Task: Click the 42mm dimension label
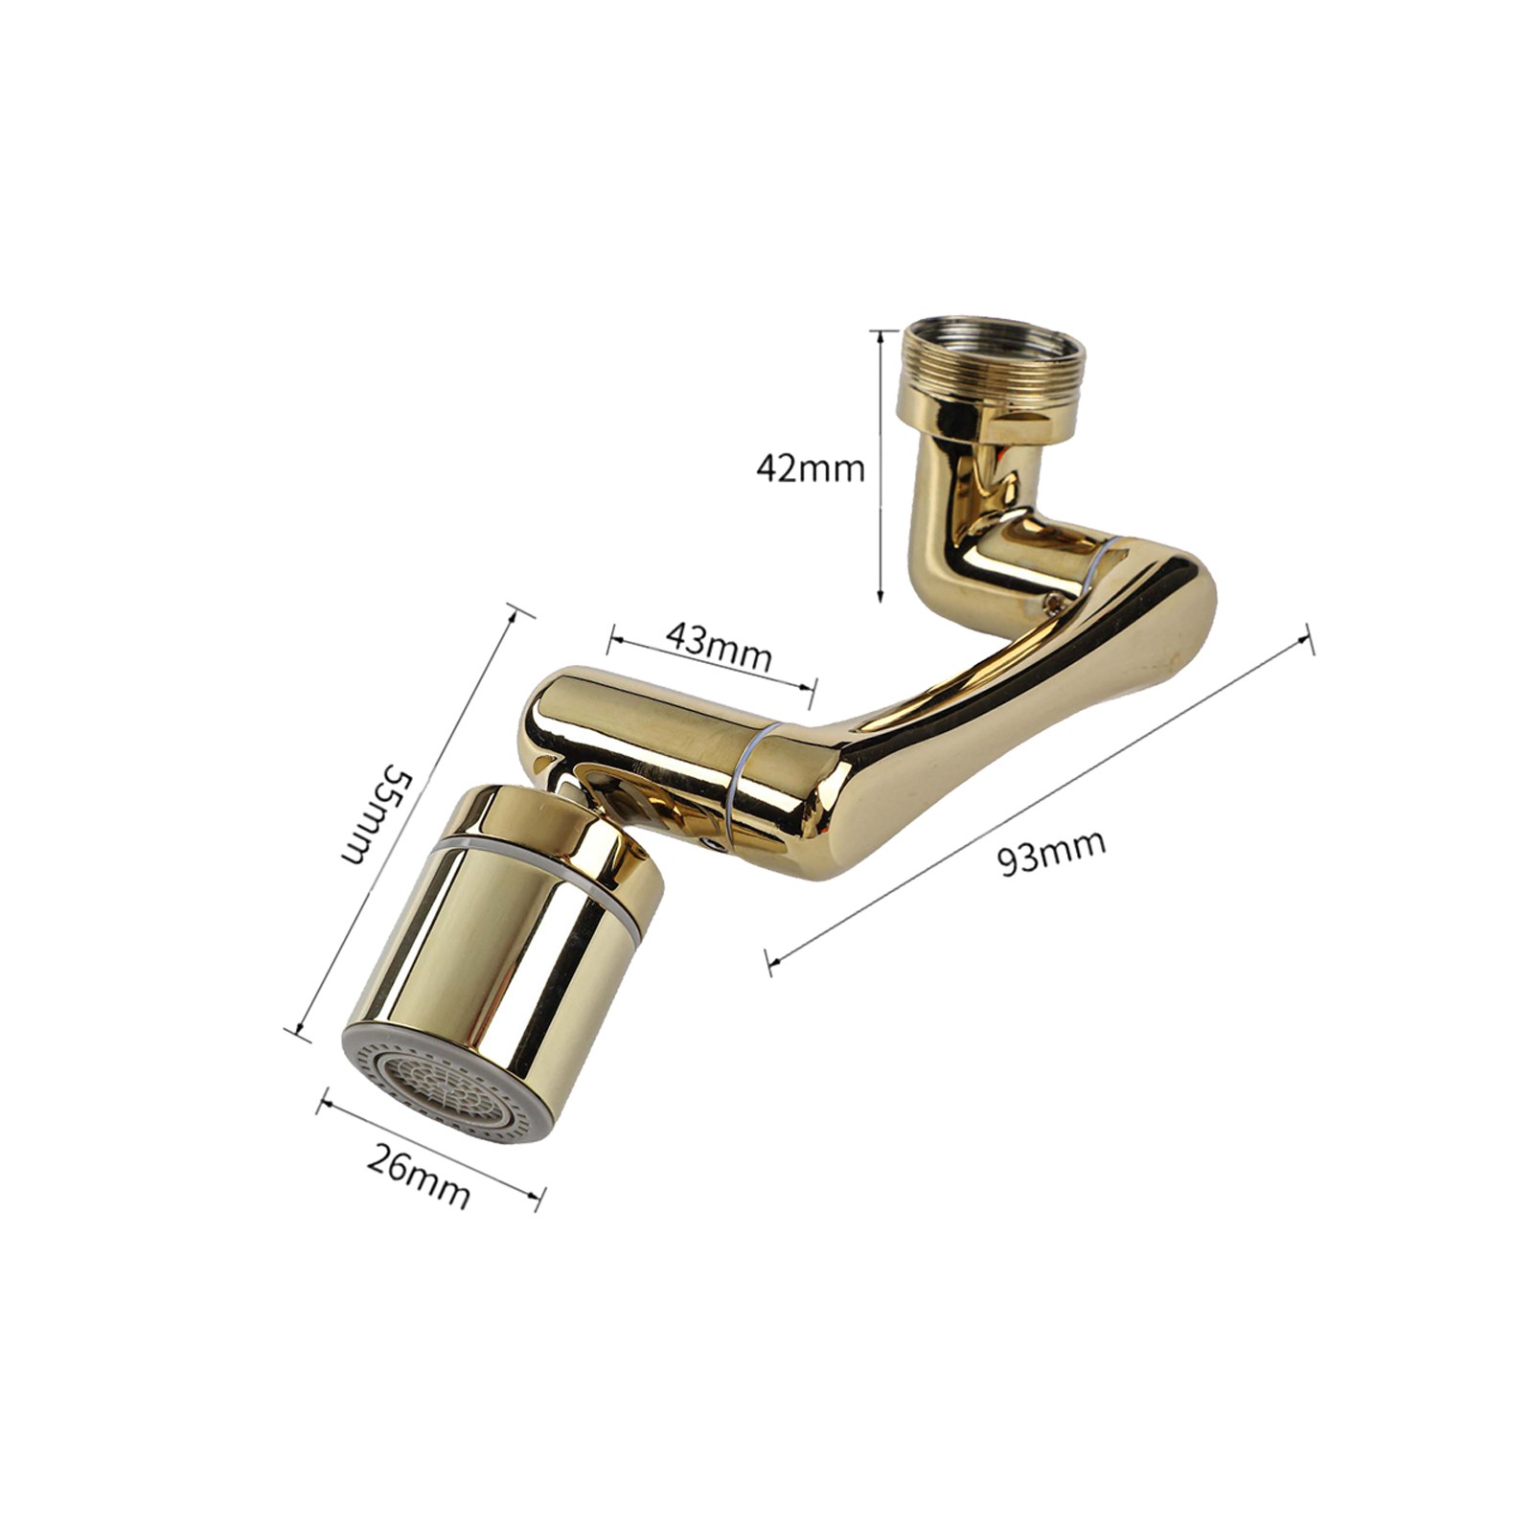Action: pos(810,469)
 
